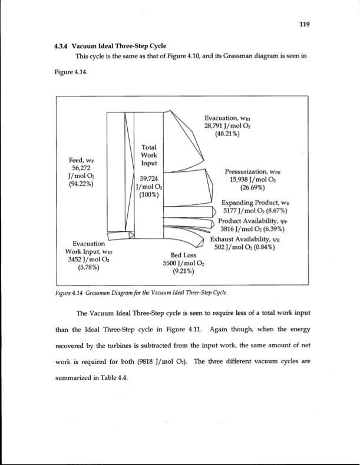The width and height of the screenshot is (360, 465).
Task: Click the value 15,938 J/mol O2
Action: [x=249, y=180]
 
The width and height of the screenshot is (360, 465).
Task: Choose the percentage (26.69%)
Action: [x=249, y=188]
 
